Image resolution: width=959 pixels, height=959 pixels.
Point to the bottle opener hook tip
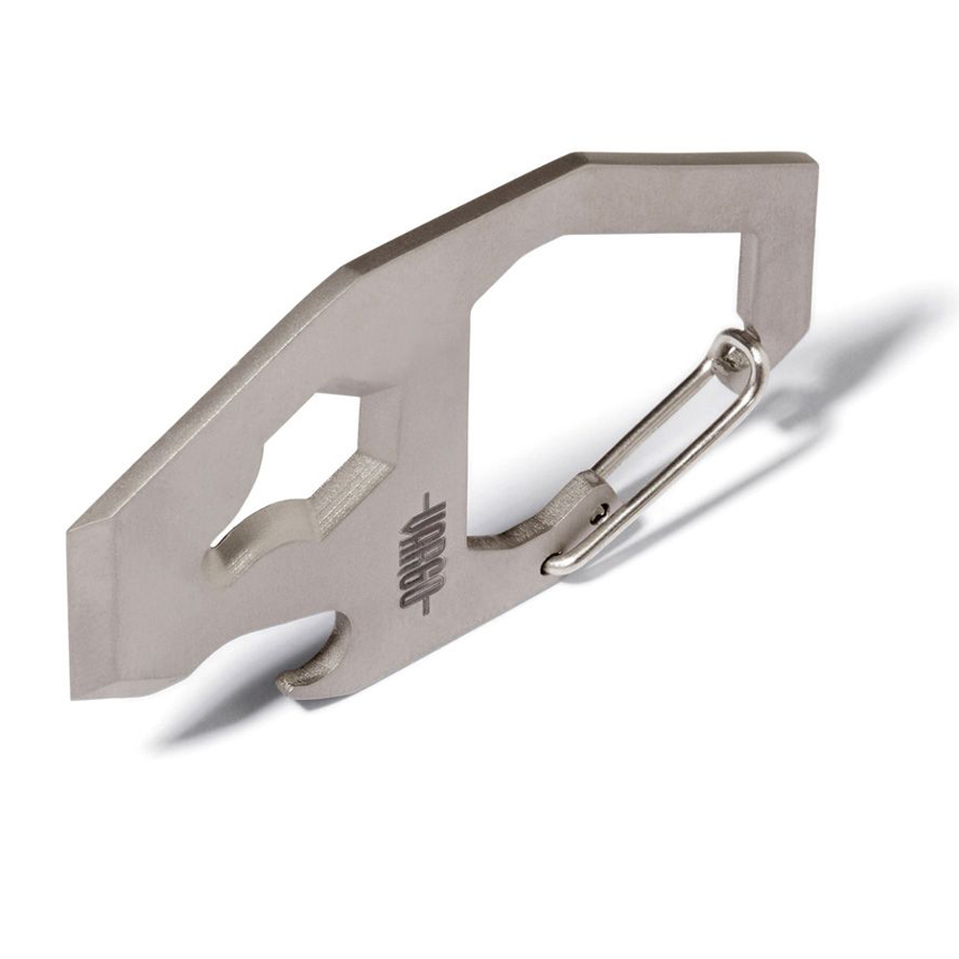pyautogui.click(x=287, y=683)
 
